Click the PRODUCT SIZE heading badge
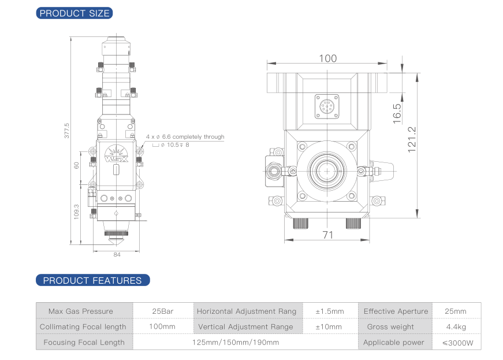74,13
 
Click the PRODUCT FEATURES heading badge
92,281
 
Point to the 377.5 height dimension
67,131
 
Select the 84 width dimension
117,254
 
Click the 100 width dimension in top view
327,58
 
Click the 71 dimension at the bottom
328,235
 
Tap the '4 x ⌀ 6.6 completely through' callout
185,137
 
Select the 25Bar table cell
163,311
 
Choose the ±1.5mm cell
329,311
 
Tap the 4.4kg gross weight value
456,326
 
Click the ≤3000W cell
457,343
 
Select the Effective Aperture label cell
396,311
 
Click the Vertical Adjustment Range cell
245,326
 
